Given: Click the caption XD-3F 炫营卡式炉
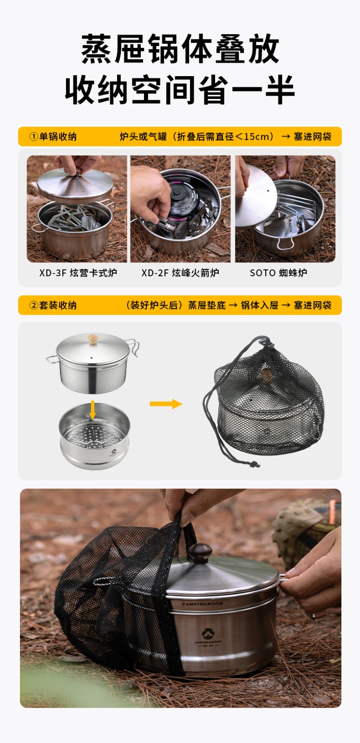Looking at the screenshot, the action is click(78, 273).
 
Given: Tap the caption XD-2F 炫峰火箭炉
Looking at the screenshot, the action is click(180, 273).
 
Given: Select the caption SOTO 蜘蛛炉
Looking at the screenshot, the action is click(278, 273).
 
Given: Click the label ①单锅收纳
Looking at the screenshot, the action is click(53, 137).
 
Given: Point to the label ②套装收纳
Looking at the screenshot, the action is click(53, 305).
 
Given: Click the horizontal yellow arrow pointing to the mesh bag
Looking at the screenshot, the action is click(166, 404).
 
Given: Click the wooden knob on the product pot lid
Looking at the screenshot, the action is click(93, 339).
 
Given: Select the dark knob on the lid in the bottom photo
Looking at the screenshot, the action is click(200, 553).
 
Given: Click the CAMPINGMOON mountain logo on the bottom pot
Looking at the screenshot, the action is click(208, 633).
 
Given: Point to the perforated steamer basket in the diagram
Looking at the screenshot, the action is click(95, 436).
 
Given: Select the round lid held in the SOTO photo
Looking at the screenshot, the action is click(256, 198).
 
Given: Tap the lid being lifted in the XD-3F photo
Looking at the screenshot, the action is click(75, 185).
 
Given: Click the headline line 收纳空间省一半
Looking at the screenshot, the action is click(180, 90).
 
